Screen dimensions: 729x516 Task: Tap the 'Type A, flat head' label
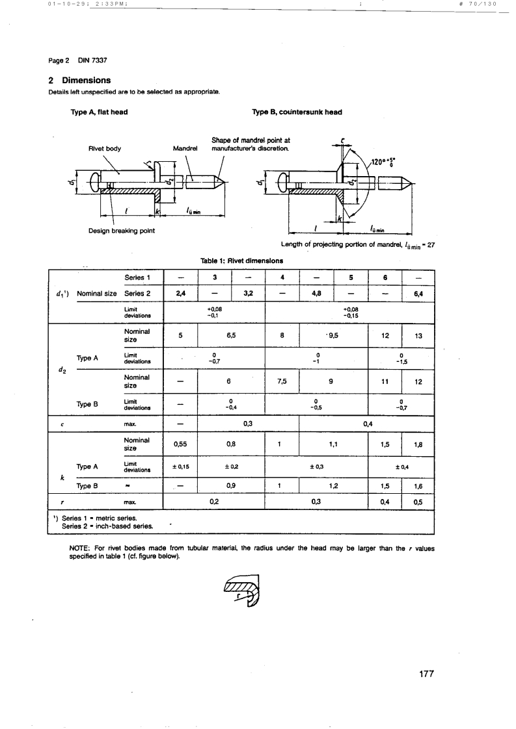(99, 112)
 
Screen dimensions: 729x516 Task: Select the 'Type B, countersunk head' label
(297, 112)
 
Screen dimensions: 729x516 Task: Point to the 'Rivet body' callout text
(105, 148)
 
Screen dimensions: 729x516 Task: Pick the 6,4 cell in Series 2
(418, 294)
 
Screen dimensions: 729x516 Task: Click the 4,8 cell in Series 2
(316, 294)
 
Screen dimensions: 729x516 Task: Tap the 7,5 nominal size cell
(282, 382)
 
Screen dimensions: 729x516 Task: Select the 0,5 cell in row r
(418, 502)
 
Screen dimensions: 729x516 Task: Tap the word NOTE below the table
(80, 547)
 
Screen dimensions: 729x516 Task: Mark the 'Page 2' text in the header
(59, 60)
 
